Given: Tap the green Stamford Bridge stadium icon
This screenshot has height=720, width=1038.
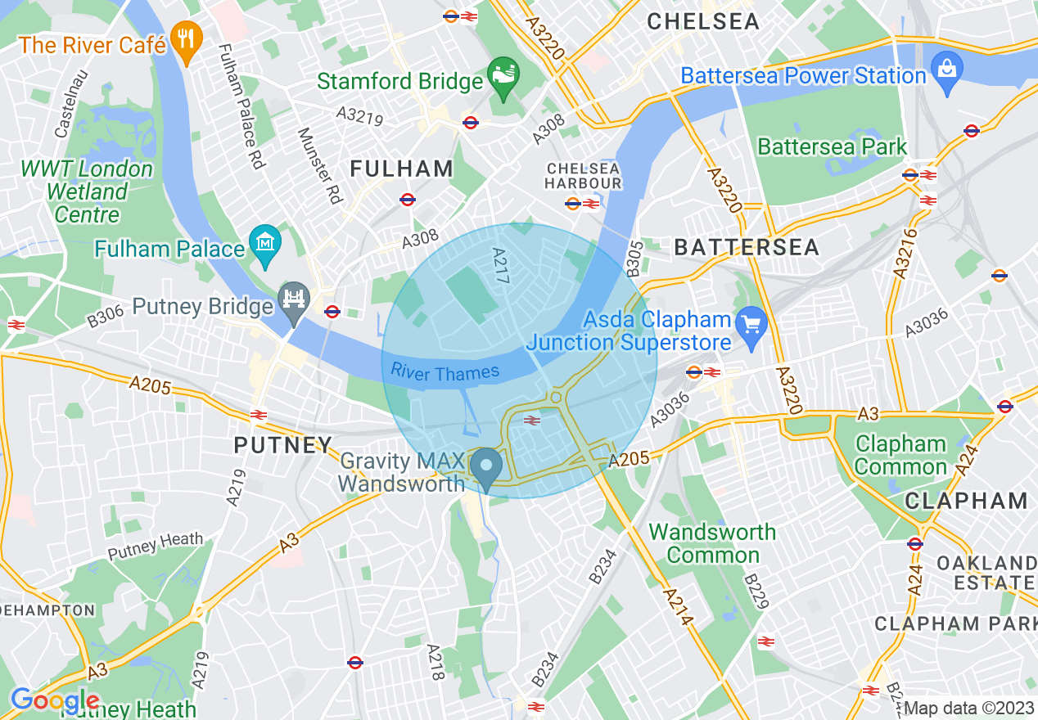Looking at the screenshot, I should tap(501, 78).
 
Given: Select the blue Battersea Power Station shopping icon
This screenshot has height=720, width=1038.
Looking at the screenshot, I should tap(947, 72).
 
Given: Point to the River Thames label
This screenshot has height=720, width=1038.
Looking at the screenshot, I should tap(445, 372).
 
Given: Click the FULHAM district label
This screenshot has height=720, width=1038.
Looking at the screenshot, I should tap(401, 169).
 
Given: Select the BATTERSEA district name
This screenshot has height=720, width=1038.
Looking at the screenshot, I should tap(747, 248).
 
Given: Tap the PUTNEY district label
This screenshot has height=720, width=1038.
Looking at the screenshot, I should tap(282, 446).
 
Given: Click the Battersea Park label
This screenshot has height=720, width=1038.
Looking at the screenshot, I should tap(832, 147).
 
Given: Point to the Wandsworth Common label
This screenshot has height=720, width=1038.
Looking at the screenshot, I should tap(712, 543).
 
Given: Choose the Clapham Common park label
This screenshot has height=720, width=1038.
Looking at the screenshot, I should tap(900, 456).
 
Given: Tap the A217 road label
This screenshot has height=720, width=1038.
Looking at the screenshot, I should tap(500, 266).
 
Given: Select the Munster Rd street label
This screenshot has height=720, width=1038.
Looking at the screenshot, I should tap(318, 165).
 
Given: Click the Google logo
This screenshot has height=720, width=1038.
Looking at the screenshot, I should tap(55, 701).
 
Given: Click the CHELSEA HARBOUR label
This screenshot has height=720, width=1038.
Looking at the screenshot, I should tap(583, 176).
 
